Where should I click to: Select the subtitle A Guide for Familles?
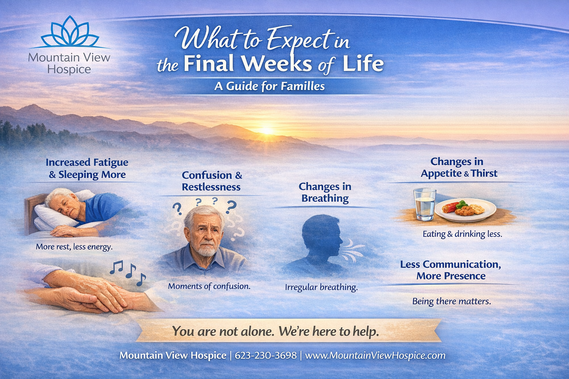[269, 86]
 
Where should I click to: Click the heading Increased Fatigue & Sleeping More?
[87, 168]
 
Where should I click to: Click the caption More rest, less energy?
[74, 246]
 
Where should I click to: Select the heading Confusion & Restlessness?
[212, 181]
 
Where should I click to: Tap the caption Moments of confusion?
[209, 286]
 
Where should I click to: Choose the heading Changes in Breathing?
[325, 192]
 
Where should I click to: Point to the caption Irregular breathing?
[321, 287]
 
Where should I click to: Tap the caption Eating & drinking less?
[462, 234]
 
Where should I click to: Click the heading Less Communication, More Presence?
[450, 270]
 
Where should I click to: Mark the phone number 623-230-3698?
[266, 355]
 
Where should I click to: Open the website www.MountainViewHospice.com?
[375, 355]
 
